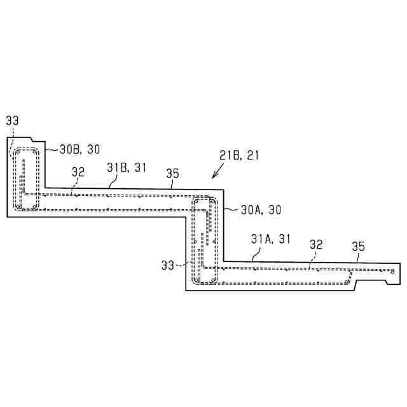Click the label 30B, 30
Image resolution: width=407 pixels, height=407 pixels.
(x=79, y=149)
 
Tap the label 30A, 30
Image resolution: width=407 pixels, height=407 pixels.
(x=261, y=209)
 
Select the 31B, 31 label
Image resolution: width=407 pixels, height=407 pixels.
(x=127, y=167)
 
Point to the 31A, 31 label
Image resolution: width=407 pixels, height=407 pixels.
(x=270, y=239)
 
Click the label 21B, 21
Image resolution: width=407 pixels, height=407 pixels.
(x=239, y=155)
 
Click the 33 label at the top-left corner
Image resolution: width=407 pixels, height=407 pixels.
(x=13, y=121)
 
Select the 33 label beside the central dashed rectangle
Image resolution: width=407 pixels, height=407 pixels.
(x=168, y=265)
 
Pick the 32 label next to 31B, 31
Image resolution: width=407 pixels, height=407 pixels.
(x=78, y=172)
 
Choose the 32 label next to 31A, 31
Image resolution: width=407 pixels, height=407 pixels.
(x=316, y=244)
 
